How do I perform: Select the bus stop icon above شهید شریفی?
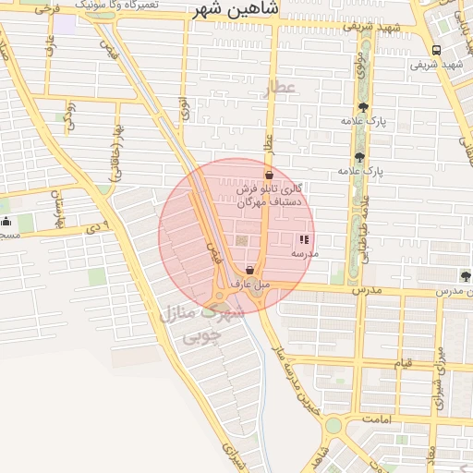437,51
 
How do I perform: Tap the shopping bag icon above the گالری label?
269,174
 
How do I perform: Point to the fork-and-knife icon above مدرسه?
304,239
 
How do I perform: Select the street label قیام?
403,363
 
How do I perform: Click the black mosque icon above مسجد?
6,222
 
